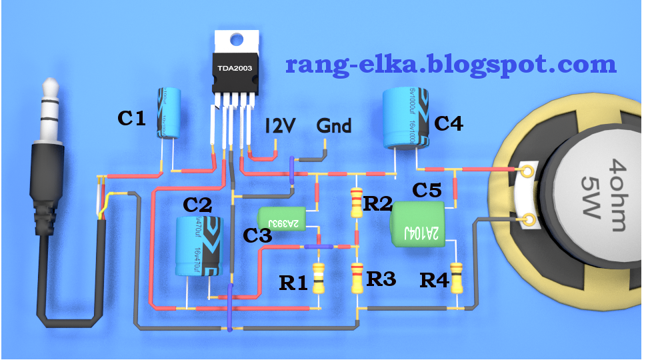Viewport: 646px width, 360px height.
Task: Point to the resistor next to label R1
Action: coord(319,279)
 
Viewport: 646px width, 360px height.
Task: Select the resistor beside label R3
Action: coord(357,278)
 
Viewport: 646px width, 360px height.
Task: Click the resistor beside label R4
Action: coord(457,278)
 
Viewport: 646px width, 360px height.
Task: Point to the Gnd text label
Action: coord(334,125)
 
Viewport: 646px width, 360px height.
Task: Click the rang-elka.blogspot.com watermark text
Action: coord(451,65)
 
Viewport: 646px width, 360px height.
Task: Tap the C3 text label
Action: coord(258,236)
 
